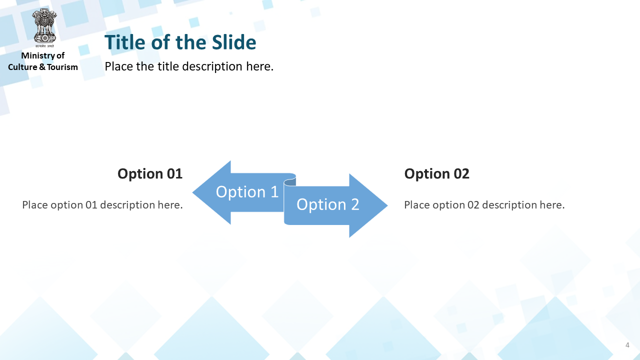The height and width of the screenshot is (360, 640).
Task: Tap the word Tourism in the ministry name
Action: (62, 67)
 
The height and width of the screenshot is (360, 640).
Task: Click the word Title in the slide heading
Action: (125, 42)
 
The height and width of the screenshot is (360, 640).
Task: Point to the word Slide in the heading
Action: (234, 42)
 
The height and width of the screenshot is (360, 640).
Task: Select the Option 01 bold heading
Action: (150, 173)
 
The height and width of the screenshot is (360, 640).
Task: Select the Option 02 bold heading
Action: (436, 173)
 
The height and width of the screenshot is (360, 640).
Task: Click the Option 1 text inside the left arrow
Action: (247, 191)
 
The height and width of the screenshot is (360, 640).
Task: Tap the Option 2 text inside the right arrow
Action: (327, 204)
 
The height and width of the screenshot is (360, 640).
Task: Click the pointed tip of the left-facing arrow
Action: (193, 192)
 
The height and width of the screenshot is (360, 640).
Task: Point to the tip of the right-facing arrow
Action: (387, 205)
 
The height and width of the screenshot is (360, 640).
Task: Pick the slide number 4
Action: (627, 345)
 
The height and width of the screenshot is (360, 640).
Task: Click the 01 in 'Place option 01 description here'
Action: (91, 205)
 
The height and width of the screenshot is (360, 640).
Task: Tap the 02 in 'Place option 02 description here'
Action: (473, 205)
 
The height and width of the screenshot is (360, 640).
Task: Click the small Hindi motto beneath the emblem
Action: (44, 46)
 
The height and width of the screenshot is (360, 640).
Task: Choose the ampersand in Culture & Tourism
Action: (42, 67)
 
